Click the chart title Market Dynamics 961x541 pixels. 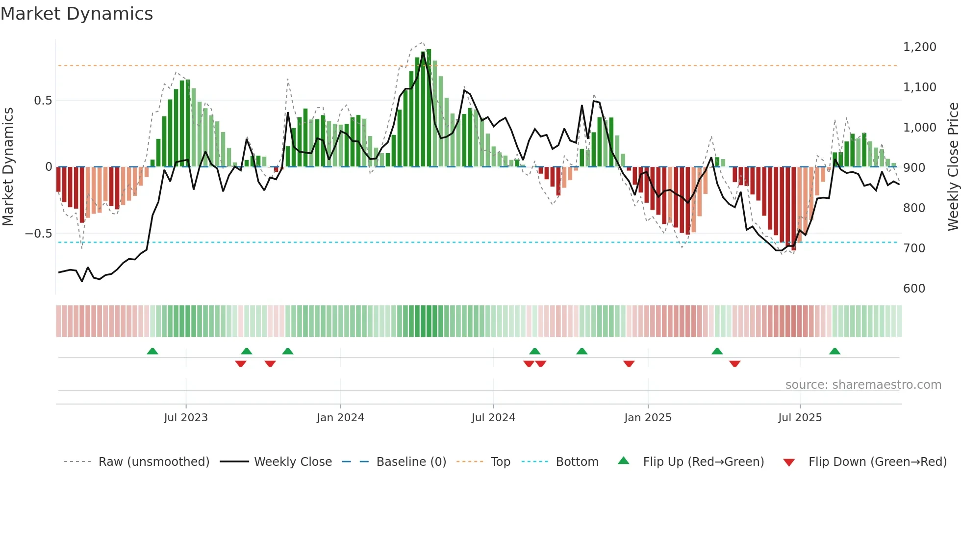click(x=77, y=14)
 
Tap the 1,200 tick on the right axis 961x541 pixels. click(x=919, y=47)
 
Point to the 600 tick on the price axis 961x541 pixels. click(x=914, y=289)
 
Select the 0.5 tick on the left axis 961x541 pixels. click(x=43, y=101)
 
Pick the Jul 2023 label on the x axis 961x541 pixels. click(x=186, y=418)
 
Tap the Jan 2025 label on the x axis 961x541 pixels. click(x=648, y=418)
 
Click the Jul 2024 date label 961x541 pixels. click(x=493, y=418)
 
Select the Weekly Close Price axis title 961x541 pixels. click(x=953, y=167)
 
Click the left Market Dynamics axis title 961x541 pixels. click(x=8, y=167)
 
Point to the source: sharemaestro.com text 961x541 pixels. click(x=863, y=385)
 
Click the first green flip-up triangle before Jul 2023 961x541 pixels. click(x=152, y=351)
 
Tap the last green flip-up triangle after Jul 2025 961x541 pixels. click(x=835, y=351)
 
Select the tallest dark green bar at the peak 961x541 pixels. click(x=429, y=108)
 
